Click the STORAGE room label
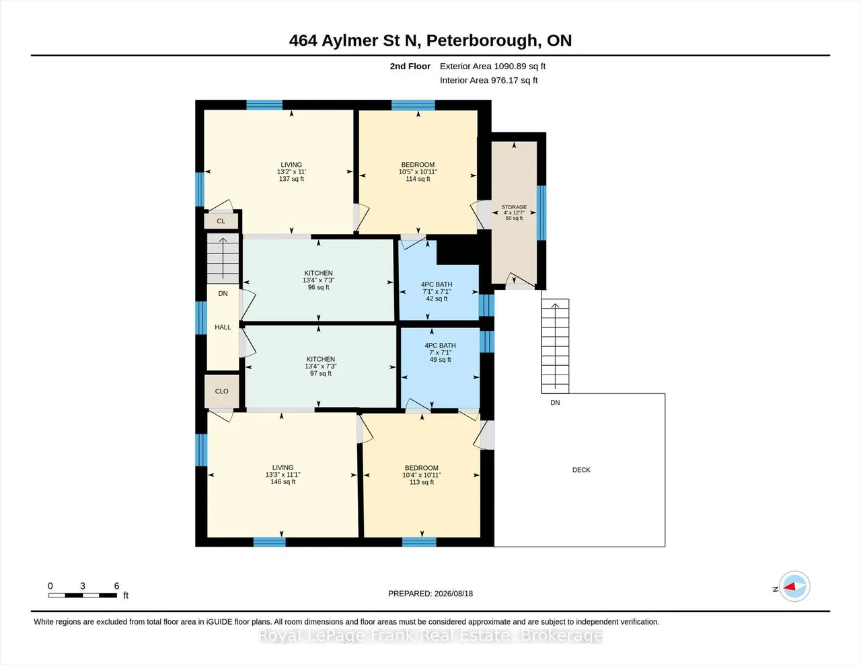click(514, 207)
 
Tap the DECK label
click(581, 470)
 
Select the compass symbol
click(794, 586)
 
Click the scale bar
click(83, 595)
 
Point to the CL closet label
click(221, 221)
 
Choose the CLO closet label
click(221, 391)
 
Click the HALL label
click(223, 327)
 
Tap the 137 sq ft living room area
click(291, 179)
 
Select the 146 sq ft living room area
click(283, 482)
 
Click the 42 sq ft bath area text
click(437, 299)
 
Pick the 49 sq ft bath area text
click(440, 360)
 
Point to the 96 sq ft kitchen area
click(319, 287)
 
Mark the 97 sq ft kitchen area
click(321, 373)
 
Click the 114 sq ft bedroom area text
click(418, 179)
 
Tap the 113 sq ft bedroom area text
click(422, 482)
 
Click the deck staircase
click(555, 346)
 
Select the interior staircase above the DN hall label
click(223, 258)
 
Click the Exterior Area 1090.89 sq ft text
click(492, 66)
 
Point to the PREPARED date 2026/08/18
click(453, 594)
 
